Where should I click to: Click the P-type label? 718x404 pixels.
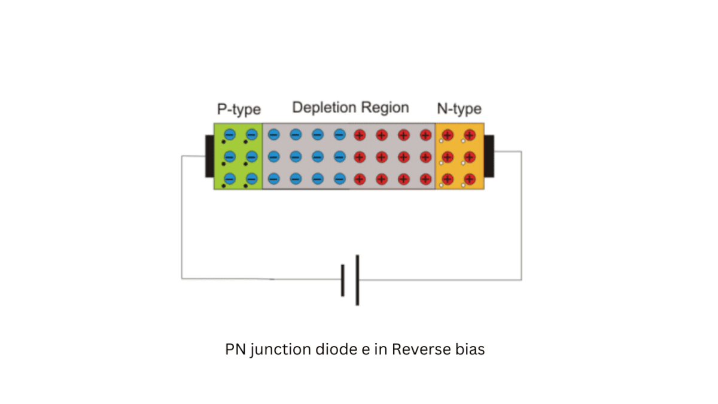click(x=239, y=110)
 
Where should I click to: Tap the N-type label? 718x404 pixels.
click(x=459, y=109)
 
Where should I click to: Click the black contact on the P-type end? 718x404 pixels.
click(x=209, y=156)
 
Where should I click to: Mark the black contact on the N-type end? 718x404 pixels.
click(x=489, y=156)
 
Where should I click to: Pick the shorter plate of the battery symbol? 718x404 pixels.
click(x=343, y=280)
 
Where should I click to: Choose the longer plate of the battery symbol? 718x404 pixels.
click(x=357, y=280)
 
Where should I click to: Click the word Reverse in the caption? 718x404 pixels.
click(x=418, y=350)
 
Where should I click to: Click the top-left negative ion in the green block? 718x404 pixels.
click(x=229, y=135)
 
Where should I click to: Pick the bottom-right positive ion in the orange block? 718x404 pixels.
click(x=469, y=178)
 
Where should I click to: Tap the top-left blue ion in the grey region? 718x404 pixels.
click(x=273, y=135)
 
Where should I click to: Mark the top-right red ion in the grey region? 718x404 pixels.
click(x=425, y=135)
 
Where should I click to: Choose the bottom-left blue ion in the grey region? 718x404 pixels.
click(x=273, y=178)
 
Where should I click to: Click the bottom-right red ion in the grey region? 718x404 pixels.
click(x=425, y=178)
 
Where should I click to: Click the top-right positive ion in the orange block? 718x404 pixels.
click(x=469, y=135)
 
